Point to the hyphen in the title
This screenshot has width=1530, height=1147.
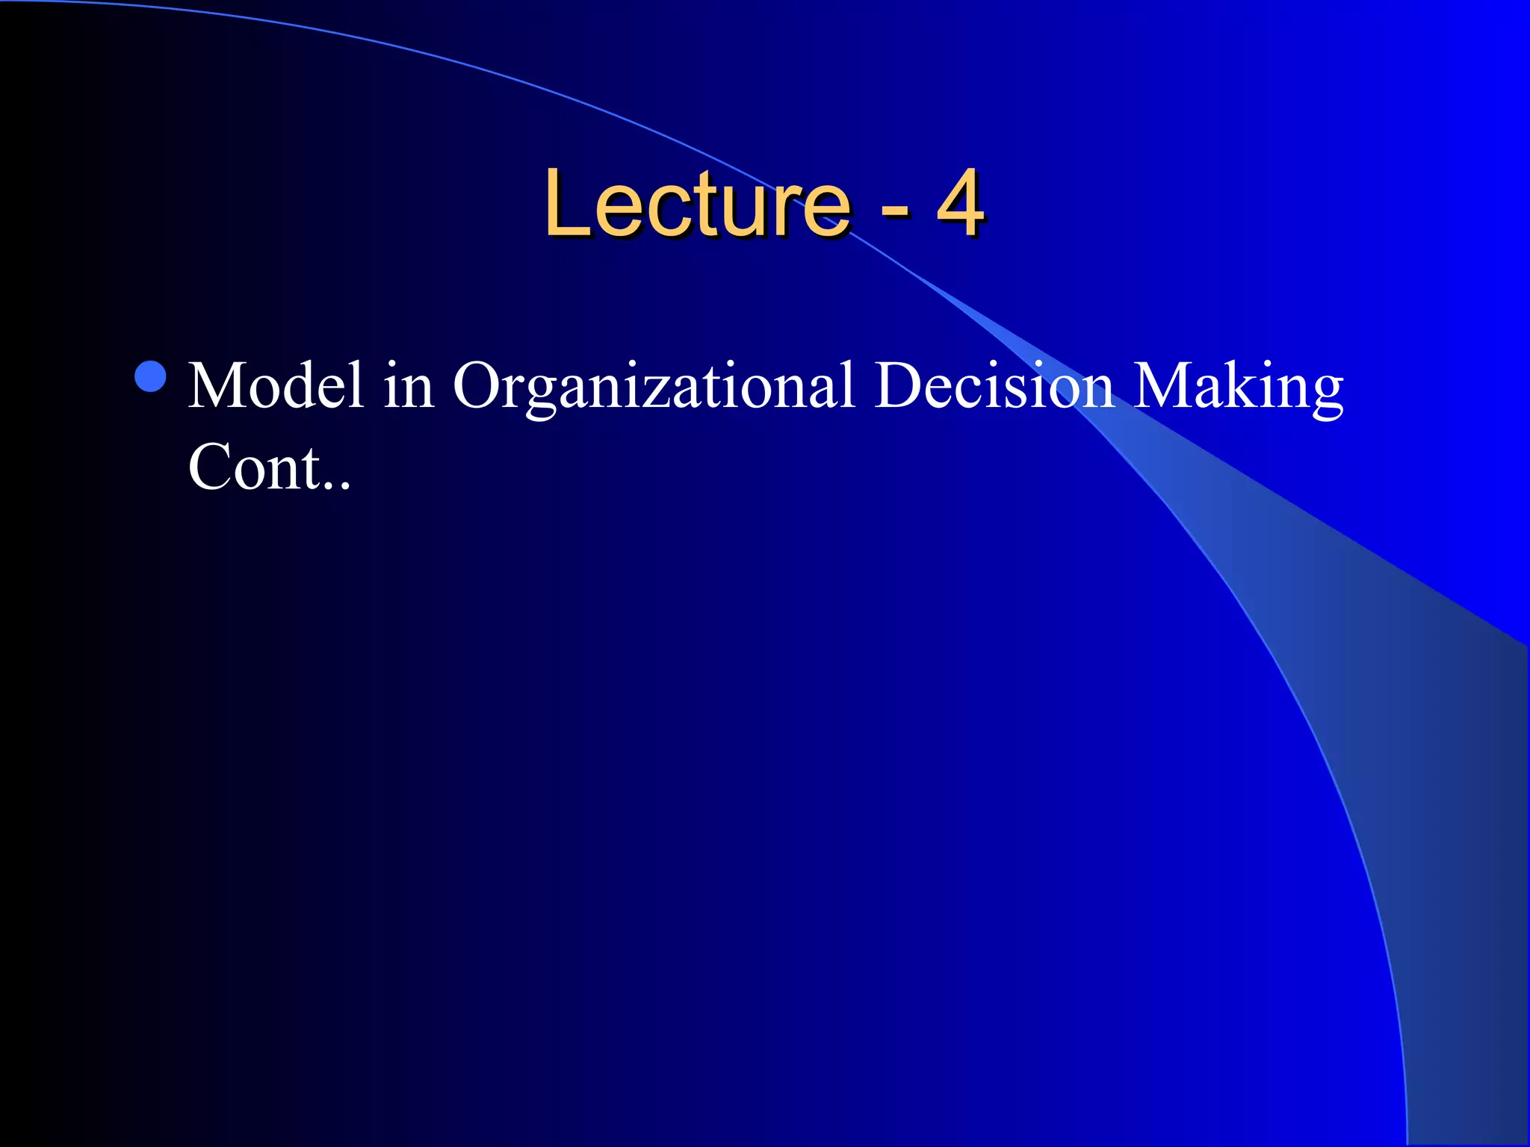pyautogui.click(x=894, y=210)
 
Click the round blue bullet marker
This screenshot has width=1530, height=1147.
pyautogui.click(x=151, y=376)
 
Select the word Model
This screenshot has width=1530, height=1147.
pyautogui.click(x=276, y=386)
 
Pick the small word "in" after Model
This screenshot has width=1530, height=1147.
pyautogui.click(x=408, y=386)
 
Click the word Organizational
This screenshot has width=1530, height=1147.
pyautogui.click(x=653, y=386)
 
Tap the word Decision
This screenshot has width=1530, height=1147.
pyautogui.click(x=994, y=386)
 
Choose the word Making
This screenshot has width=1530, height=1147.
pyautogui.click(x=1238, y=386)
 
